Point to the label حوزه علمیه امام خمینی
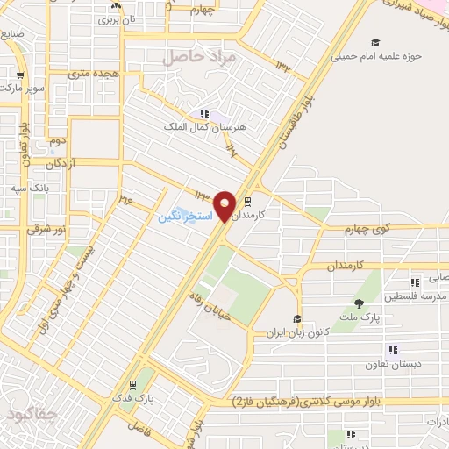376,56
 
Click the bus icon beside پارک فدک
132,384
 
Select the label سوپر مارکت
21,89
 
